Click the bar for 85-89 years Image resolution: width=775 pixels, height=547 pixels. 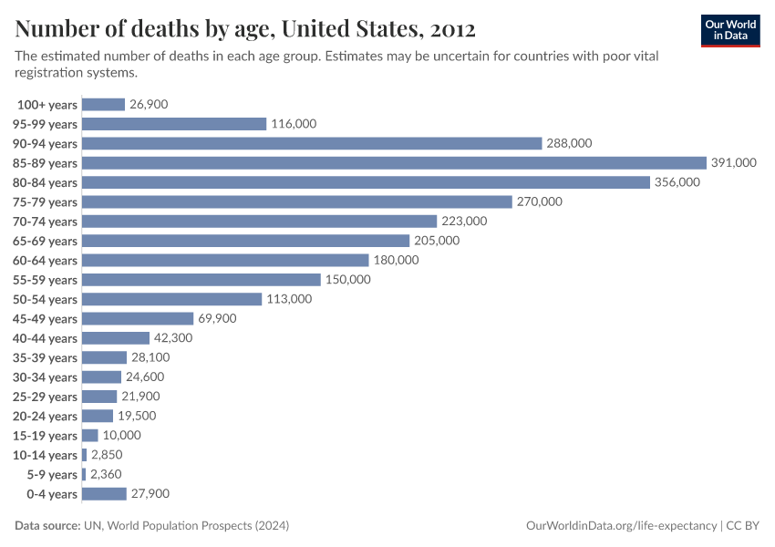[394, 163]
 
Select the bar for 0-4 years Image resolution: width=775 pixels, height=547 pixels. [104, 494]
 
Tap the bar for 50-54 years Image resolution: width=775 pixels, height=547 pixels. [172, 299]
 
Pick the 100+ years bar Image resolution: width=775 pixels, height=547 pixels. [103, 105]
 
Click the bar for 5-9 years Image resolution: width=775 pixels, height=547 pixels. [84, 475]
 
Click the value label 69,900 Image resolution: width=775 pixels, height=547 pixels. [217, 319]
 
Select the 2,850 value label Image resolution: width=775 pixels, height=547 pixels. [107, 455]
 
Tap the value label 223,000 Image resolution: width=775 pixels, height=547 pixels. [464, 222]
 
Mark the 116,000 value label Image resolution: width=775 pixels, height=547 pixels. [294, 124]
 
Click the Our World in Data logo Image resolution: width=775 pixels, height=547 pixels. [730, 29]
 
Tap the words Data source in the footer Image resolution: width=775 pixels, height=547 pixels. [47, 526]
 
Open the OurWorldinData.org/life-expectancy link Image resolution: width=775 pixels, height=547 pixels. [622, 526]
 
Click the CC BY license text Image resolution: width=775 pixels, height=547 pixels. [743, 526]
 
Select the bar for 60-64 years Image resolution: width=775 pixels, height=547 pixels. [225, 261]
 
